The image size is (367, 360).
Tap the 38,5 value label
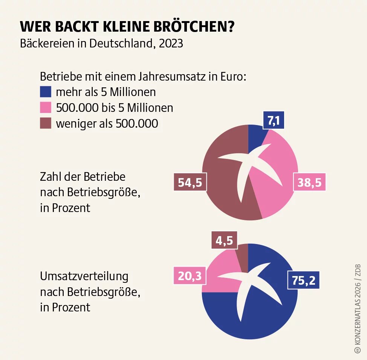coord(309,183)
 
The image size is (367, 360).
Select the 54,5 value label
coord(190,183)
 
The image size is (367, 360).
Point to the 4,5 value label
coord(224,240)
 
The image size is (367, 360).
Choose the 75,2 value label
coord(304,280)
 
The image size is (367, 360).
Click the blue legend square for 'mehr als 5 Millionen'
coord(46,92)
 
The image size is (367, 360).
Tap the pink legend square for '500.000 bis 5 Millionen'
coord(46,108)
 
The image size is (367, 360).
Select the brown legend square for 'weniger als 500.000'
coord(46,123)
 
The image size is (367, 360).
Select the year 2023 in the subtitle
coord(171,43)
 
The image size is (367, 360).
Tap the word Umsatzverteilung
coord(84,276)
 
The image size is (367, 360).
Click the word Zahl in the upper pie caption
coord(50,176)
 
